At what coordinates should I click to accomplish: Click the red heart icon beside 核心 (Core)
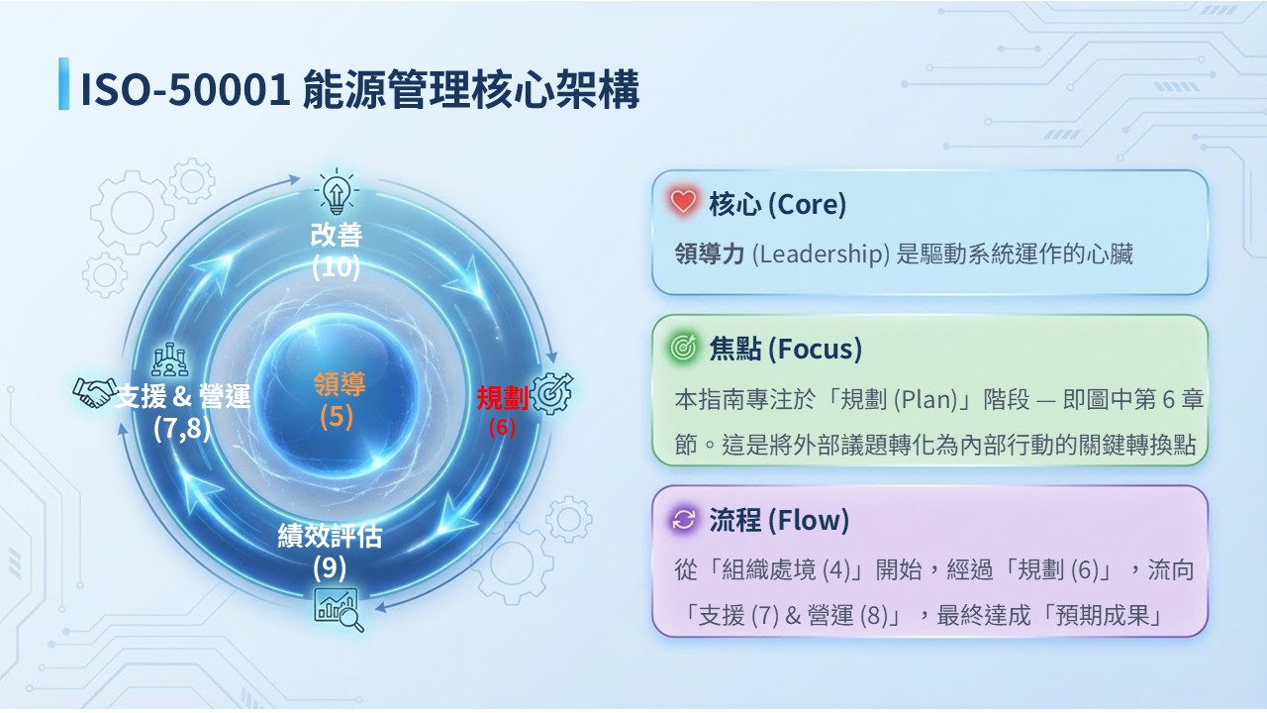tap(683, 201)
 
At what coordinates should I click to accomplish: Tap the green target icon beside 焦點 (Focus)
tap(683, 347)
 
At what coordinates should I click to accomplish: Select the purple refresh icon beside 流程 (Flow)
tap(683, 519)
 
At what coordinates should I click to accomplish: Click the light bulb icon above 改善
tap(337, 191)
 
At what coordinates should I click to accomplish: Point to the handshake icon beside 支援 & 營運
tap(94, 391)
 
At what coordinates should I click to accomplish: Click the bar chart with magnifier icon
tap(339, 609)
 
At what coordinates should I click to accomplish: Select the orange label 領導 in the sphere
tap(340, 383)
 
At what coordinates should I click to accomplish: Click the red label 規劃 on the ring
tap(502, 397)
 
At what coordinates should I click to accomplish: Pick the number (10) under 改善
tap(336, 266)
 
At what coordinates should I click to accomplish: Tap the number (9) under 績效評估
tap(330, 567)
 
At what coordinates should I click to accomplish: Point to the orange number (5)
tap(336, 417)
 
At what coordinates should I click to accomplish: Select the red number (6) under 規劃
tap(502, 427)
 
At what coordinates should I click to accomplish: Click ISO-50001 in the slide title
tap(186, 89)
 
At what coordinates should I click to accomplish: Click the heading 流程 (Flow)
tap(779, 520)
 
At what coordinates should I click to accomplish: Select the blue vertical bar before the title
tap(64, 84)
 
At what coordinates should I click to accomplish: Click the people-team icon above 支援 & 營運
tap(169, 359)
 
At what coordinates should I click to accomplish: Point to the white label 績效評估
tap(330, 536)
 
